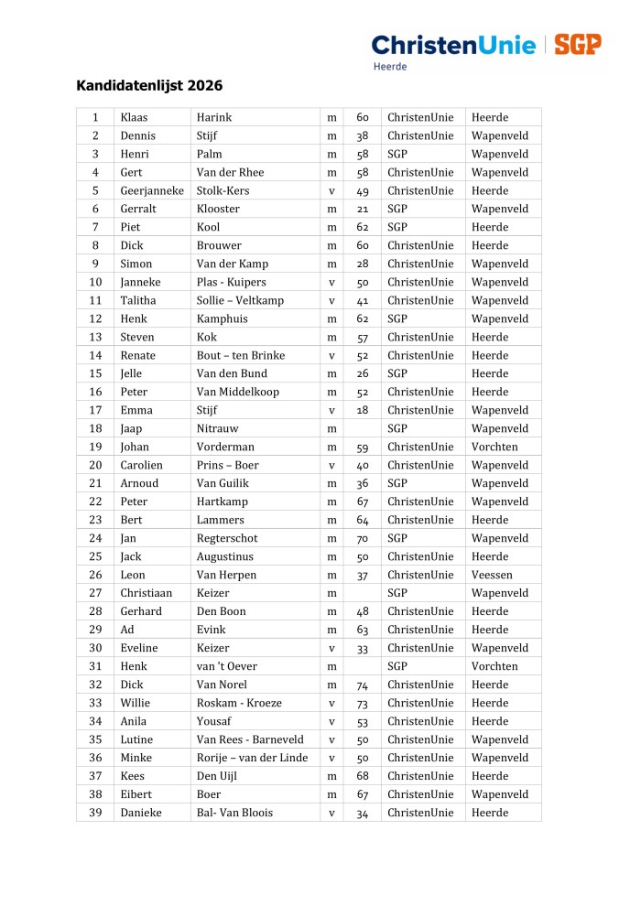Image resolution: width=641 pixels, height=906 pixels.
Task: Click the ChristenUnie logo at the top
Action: click(x=452, y=45)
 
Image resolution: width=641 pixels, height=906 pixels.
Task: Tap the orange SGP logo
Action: click(x=577, y=45)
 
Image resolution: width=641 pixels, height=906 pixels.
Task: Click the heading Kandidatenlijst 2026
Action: click(x=149, y=87)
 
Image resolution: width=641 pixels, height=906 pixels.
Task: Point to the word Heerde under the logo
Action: click(x=390, y=67)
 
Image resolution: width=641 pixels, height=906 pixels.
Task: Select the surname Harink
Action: click(x=214, y=117)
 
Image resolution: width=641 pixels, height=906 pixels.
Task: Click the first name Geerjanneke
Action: click(x=152, y=190)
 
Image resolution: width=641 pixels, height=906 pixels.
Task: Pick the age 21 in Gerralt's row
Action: click(x=362, y=209)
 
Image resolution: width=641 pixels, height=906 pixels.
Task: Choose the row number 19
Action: click(x=95, y=447)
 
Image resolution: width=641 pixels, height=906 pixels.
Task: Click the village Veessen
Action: click(x=492, y=575)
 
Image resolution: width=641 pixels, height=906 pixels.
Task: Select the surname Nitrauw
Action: click(x=217, y=428)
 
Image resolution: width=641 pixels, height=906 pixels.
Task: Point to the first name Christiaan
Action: click(x=146, y=593)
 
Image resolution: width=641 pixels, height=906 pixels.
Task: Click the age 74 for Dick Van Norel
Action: click(x=362, y=685)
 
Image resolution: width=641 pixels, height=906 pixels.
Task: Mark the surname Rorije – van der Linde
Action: click(x=252, y=758)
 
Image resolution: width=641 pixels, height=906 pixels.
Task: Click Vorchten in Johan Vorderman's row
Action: click(x=494, y=447)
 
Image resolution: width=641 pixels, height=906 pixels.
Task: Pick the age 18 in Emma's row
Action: click(x=362, y=410)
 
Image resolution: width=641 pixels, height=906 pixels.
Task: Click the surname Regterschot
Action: click(x=227, y=538)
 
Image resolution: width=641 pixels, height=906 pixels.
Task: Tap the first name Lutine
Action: click(x=136, y=739)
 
